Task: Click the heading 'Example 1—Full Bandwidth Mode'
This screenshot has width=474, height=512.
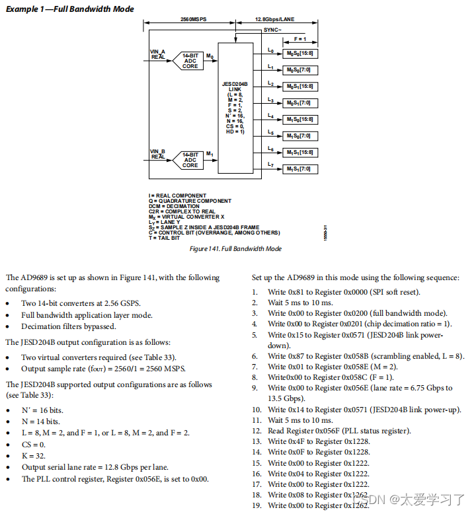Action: pos(69,9)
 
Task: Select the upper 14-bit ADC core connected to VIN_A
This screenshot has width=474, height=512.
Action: pos(190,61)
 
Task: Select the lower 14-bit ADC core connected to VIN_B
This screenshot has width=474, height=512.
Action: pos(190,160)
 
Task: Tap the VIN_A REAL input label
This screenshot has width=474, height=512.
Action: pos(158,54)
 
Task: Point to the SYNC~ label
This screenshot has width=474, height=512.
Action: pos(272,30)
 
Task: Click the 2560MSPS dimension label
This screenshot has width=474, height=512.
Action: pos(193,20)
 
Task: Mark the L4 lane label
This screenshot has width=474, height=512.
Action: pos(270,116)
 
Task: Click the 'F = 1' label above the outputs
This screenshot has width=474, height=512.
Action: pos(300,40)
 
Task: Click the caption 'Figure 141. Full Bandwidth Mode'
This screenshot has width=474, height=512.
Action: pos(235,248)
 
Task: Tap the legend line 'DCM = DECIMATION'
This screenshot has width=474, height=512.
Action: pos(174,206)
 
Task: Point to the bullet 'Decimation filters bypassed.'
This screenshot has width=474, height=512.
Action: pos(68,326)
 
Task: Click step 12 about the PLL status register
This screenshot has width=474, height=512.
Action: pos(339,431)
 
